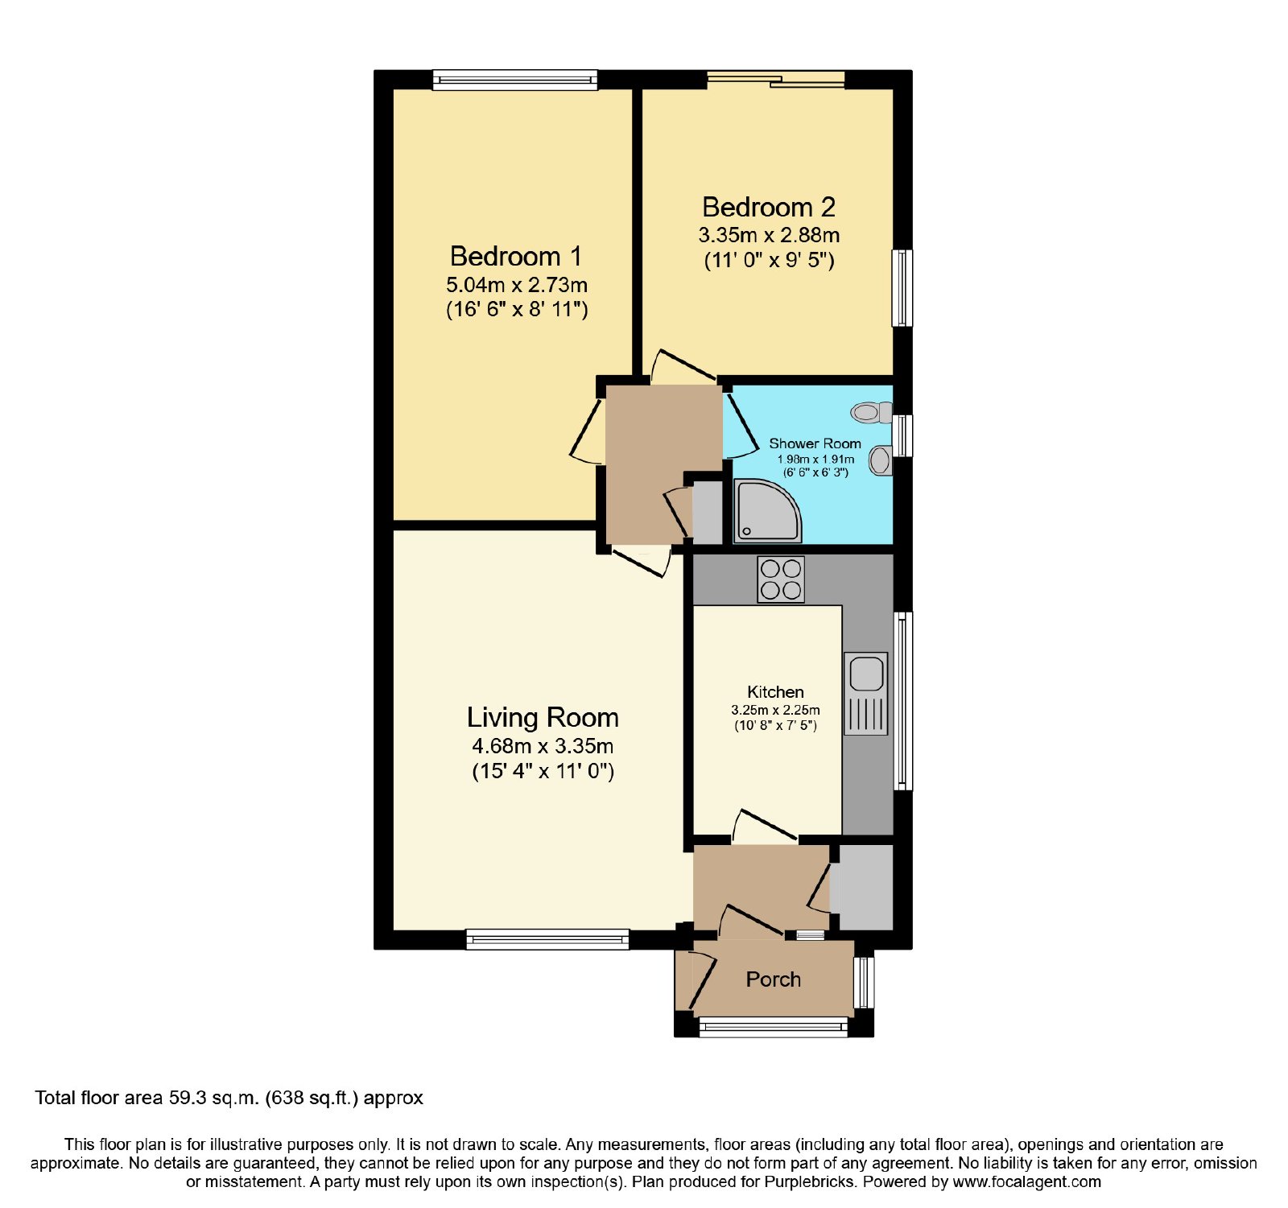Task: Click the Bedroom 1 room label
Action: pos(515,256)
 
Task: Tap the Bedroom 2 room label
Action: pos(769,207)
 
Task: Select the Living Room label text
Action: pos(543,717)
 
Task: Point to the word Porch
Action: pos(773,979)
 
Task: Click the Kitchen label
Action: pos(775,692)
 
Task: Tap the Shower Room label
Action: pos(815,443)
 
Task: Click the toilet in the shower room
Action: pos(872,413)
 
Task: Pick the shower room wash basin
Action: pos(881,461)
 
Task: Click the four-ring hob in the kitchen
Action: pos(781,579)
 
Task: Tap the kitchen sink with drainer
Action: pos(866,693)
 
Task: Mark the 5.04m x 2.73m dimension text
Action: pos(517,285)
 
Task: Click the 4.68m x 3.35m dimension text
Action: pos(543,746)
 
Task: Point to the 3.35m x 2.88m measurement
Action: pos(769,235)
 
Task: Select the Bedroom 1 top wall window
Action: pos(515,79)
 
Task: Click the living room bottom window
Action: pos(547,939)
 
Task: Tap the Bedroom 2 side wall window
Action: pos(902,288)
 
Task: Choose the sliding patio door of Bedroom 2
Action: pos(776,79)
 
